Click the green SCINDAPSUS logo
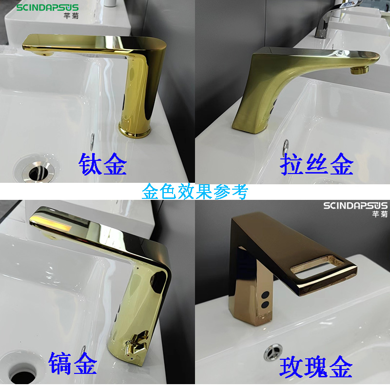(47, 7)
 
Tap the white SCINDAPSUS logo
(355, 206)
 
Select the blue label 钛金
(102, 164)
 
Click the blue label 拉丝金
(316, 164)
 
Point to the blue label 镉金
(73, 363)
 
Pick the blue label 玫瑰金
(316, 367)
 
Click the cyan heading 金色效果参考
(195, 192)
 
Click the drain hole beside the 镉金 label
(23, 373)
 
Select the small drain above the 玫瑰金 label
(273, 351)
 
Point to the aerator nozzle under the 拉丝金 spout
(359, 69)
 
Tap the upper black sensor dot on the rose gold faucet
(265, 295)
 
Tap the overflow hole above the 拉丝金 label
(286, 147)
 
